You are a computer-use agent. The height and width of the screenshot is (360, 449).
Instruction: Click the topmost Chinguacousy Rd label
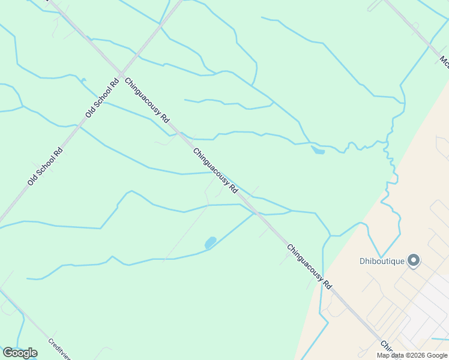[x=148, y=100]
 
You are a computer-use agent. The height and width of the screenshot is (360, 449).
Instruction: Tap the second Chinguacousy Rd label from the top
[x=215, y=172]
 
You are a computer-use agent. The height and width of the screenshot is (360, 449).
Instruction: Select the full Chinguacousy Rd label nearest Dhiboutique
[x=309, y=268]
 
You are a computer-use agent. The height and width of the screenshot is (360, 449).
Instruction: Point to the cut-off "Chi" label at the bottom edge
[x=385, y=347]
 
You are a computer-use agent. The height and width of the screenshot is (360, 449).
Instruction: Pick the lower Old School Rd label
[x=45, y=166]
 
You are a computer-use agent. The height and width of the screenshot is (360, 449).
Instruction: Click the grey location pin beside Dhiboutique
[x=414, y=260]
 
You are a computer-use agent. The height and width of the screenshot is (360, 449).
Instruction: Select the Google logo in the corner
[x=20, y=353]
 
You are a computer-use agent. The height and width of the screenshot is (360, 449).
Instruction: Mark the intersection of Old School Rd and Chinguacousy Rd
[x=121, y=76]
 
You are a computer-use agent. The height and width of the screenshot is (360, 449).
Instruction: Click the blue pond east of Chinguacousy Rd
[x=318, y=150]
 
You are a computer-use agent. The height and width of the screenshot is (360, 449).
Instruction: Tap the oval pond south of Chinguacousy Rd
[x=210, y=242]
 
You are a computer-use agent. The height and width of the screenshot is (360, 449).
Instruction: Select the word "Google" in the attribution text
[x=435, y=355]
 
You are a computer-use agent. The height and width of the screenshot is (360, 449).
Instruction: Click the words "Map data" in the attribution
[x=391, y=355]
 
